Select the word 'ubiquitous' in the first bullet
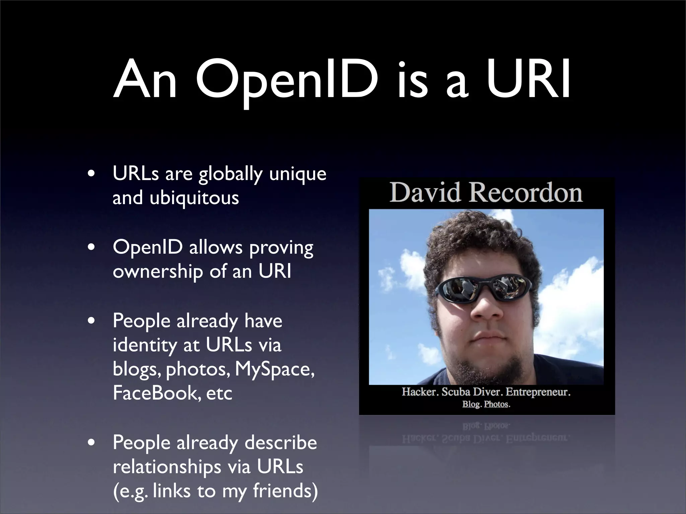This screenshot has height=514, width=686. [194, 198]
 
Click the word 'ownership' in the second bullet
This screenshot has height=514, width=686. [157, 272]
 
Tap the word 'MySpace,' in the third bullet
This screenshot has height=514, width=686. [275, 369]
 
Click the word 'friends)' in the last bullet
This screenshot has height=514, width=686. [285, 491]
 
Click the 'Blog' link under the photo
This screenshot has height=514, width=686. [471, 404]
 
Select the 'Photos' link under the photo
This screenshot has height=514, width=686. [496, 404]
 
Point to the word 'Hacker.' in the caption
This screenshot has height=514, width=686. [420, 392]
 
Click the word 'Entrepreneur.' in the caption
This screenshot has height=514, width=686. [538, 392]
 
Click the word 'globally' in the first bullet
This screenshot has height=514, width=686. [230, 175]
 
